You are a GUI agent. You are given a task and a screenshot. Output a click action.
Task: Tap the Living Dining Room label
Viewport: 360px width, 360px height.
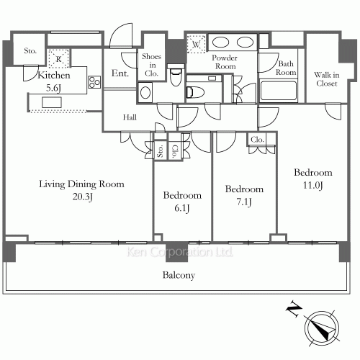point(81,184)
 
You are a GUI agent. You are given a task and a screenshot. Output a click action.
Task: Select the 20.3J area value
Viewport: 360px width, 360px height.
point(81,197)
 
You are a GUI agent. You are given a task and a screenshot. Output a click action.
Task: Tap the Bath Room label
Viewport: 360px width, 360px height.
point(287,68)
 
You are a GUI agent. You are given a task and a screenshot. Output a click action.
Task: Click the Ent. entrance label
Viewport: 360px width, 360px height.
point(120,72)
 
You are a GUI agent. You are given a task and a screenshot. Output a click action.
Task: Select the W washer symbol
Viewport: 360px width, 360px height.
point(197,43)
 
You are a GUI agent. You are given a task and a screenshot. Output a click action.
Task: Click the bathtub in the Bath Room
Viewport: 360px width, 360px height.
point(278,91)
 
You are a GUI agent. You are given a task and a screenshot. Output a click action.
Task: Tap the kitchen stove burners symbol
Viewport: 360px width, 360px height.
point(94,83)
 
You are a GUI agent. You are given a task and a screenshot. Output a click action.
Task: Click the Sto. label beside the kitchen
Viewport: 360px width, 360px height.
point(30,50)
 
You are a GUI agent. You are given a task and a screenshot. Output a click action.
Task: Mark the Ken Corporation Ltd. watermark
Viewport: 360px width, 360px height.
point(179,253)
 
